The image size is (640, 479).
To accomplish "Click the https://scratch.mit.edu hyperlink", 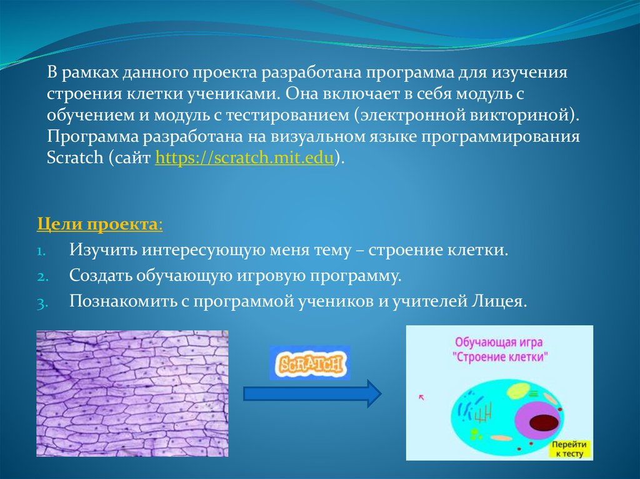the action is (x=244, y=157).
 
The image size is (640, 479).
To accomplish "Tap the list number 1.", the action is (x=41, y=250).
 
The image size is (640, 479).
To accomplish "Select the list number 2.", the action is (x=42, y=277).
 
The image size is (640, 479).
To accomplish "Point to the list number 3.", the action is (x=42, y=303).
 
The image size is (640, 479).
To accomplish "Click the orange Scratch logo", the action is (x=310, y=363).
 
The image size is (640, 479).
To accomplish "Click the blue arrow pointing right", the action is (x=312, y=393).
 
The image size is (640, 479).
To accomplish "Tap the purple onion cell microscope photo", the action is (x=132, y=393).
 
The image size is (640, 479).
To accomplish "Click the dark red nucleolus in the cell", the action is (x=544, y=423).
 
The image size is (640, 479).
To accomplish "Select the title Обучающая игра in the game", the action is (x=499, y=342).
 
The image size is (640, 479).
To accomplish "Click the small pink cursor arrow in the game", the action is (x=422, y=397).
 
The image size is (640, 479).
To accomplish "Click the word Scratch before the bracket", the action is (x=75, y=157).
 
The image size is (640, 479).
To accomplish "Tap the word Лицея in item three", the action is (x=499, y=302).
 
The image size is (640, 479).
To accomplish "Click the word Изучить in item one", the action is (x=103, y=250).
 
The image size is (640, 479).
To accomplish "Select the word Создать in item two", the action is (x=100, y=275).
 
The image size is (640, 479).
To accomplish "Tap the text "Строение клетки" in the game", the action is (x=500, y=357).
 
